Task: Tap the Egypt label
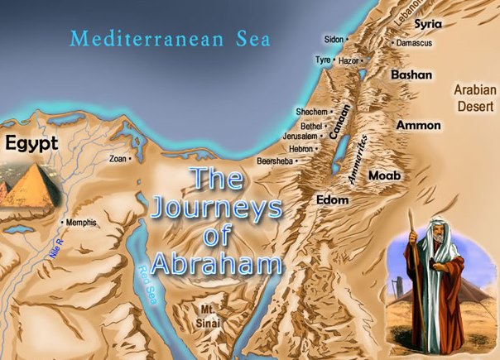31,144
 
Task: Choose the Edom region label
332,199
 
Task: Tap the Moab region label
385,177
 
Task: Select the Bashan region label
411,74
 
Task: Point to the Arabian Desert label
475,97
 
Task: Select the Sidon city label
334,39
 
